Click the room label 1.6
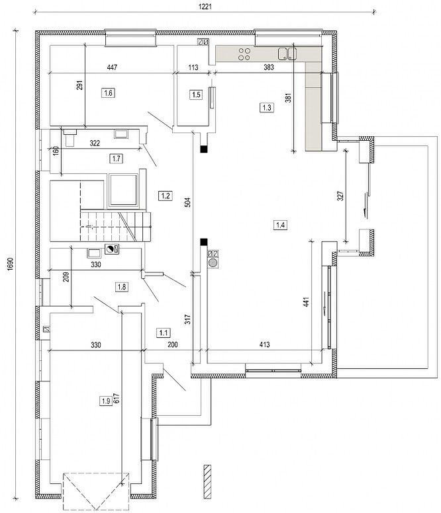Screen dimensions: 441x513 point(108,93)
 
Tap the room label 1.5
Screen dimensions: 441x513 point(195,95)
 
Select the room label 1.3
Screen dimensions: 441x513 point(267,107)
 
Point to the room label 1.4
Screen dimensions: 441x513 point(281,225)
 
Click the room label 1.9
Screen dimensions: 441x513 point(106,401)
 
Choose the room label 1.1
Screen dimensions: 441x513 point(163,333)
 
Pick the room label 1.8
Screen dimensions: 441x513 point(122,287)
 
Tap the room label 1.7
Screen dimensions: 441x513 point(116,159)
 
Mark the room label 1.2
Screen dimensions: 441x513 point(166,196)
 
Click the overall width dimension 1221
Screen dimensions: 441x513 point(205,7)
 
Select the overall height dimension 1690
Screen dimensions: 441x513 point(10,264)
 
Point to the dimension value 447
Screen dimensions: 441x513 point(112,67)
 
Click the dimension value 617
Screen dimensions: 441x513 point(117,398)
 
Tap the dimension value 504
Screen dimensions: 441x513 point(187,202)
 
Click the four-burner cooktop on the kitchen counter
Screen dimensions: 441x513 point(244,54)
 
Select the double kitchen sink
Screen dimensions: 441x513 point(287,54)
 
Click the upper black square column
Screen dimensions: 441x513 point(204,149)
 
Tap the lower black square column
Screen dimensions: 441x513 point(204,242)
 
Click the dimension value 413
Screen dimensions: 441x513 point(264,344)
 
